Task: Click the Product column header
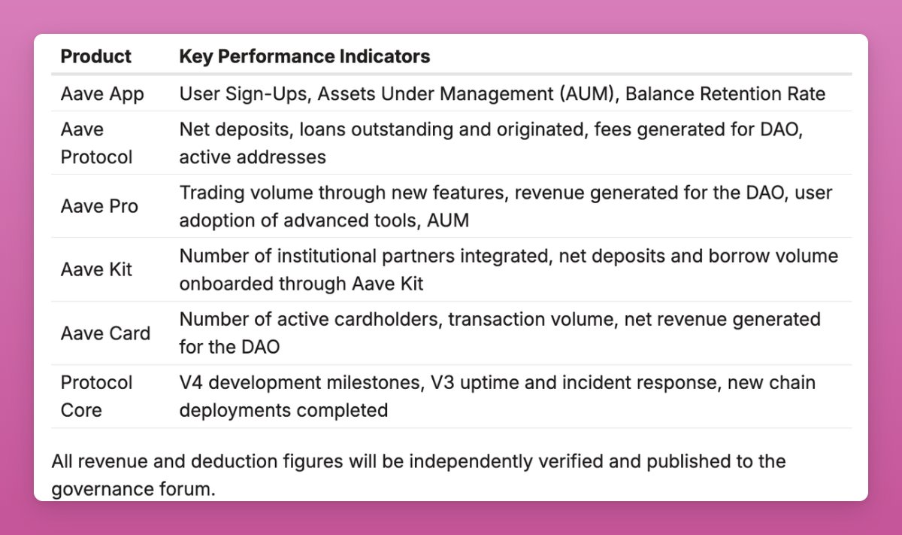tap(96, 56)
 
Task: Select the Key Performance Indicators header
tap(304, 56)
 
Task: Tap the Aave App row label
tap(102, 94)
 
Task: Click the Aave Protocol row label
tap(97, 143)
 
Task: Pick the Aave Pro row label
tap(99, 206)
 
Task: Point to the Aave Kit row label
tap(96, 269)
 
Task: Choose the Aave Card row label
tap(105, 333)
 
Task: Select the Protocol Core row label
tap(97, 397)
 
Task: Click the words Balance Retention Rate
tap(725, 94)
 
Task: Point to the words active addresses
tap(253, 157)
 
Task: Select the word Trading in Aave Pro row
tap(212, 193)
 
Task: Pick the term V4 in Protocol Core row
tap(191, 383)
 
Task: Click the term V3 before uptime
tap(443, 383)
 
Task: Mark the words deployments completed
tap(283, 410)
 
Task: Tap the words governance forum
tap(133, 489)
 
